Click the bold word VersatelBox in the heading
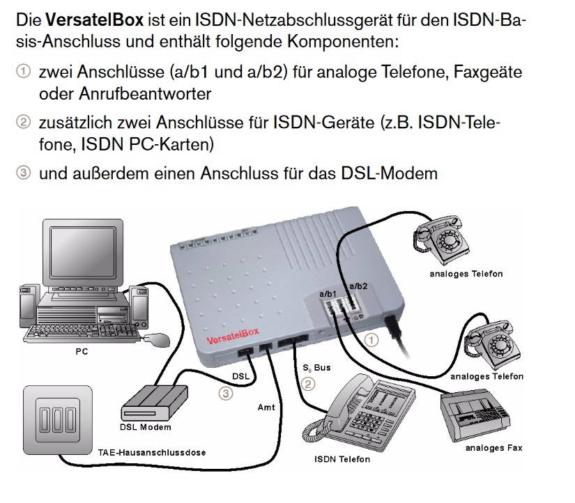coord(94,20)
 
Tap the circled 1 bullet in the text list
coord(24,71)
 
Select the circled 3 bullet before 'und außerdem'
coord(24,172)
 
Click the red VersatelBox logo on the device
coord(233,336)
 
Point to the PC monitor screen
coord(83,252)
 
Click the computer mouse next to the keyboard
coord(157,340)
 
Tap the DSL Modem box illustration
coord(155,403)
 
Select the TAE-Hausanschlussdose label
coord(152,453)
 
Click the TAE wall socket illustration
coord(58,420)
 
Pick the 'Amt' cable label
coord(266,408)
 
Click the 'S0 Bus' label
coord(316,368)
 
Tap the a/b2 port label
coord(358,286)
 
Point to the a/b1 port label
coord(328,294)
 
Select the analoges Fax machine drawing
coord(475,417)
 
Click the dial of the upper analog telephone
coord(449,240)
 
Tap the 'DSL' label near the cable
coord(240,376)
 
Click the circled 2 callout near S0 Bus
coord(308,384)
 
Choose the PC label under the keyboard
coord(82,352)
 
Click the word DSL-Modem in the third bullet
coord(389,173)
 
